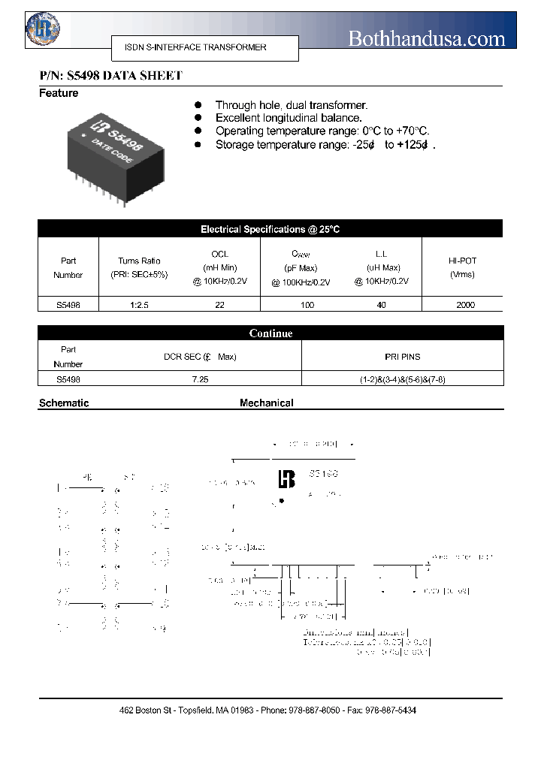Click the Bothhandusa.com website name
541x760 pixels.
tap(426, 38)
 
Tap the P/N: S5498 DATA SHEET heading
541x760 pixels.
tap(110, 76)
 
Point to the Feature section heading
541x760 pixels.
tap(59, 93)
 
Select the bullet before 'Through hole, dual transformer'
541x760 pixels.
tap(198, 106)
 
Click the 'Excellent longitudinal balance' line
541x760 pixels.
tap(289, 118)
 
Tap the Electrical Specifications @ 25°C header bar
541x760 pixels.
tap(270, 229)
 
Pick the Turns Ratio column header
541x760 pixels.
tap(139, 267)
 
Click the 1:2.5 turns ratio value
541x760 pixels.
tap(139, 305)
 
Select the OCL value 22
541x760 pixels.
tap(219, 305)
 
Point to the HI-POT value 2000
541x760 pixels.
tap(462, 305)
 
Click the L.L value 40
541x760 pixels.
tap(381, 305)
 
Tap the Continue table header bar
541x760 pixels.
tap(270, 333)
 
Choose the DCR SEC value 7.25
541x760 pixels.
tap(200, 380)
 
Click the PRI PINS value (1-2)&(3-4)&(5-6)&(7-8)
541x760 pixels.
tap(402, 380)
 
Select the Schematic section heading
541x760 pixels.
tap(64, 403)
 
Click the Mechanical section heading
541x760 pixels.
tap(266, 403)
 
